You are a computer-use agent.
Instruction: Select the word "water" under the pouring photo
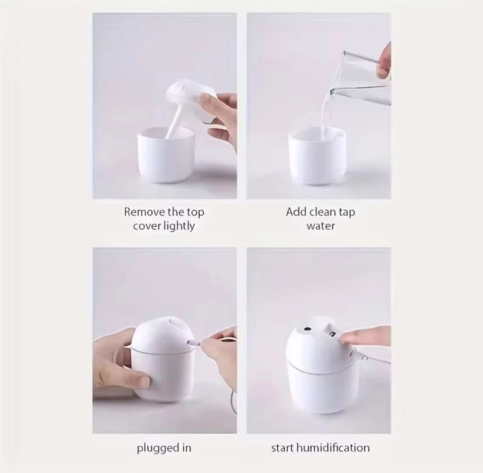(320, 226)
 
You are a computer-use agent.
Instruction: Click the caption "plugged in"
(164, 448)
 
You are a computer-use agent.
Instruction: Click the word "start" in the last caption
(282, 448)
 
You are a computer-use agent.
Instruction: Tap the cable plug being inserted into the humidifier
(194, 343)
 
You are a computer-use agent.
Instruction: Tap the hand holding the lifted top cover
(221, 116)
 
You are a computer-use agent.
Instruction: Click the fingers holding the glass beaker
(384, 60)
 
